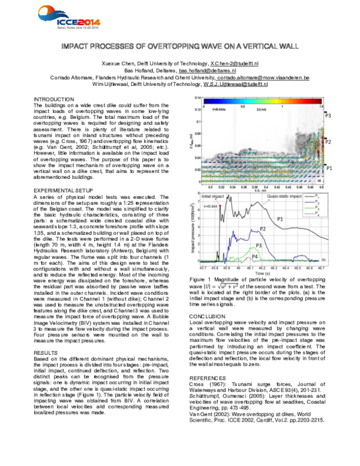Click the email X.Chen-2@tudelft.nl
234,63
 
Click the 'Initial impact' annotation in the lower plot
214,197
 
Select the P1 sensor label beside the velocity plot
328,170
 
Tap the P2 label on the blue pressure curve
262,229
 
